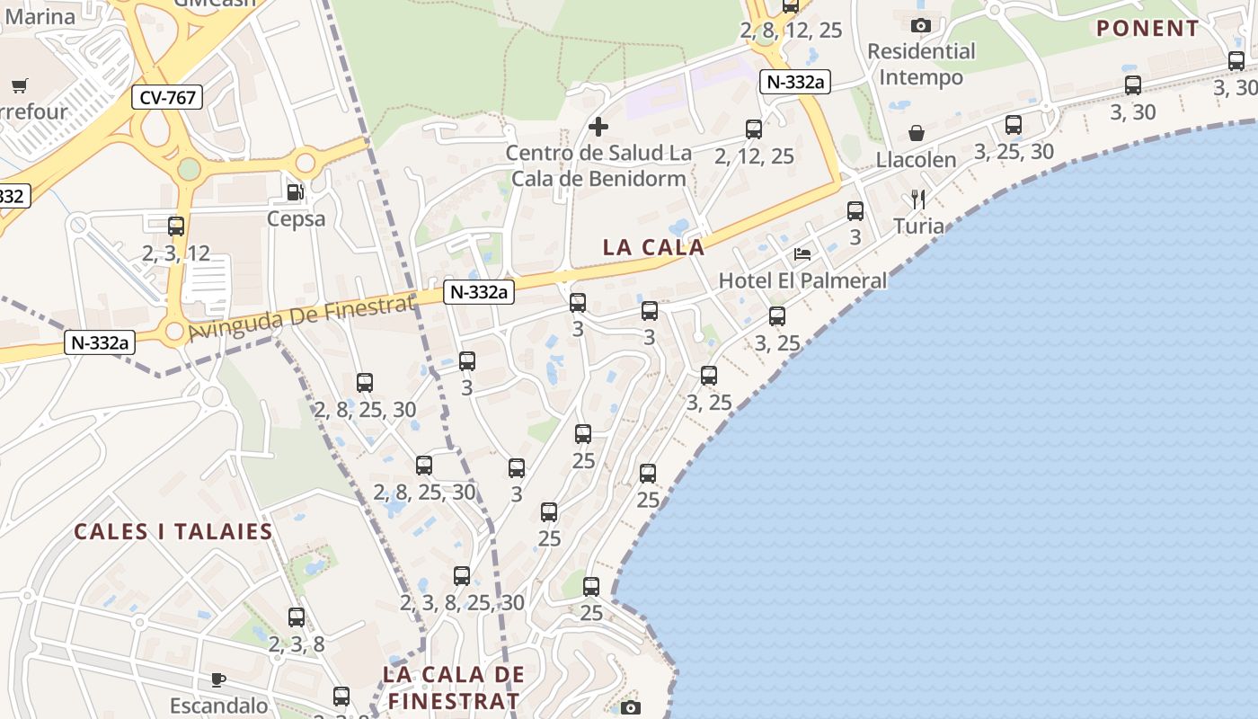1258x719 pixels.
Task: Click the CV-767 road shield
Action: [x=168, y=97]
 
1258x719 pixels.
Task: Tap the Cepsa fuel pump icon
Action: [x=295, y=191]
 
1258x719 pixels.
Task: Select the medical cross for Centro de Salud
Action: [x=598, y=127]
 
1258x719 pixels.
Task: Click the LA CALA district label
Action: [x=653, y=247]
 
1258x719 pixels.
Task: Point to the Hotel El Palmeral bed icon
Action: [x=802, y=254]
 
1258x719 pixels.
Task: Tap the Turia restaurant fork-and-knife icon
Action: [x=917, y=199]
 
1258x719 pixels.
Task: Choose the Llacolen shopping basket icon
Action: [x=917, y=133]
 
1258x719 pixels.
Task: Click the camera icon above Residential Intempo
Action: [x=920, y=25]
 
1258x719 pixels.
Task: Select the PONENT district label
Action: [x=1147, y=28]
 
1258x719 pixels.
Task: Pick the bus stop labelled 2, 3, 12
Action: [x=176, y=226]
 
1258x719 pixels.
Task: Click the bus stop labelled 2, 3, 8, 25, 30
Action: [x=462, y=576]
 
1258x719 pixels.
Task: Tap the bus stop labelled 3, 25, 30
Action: [x=1014, y=125]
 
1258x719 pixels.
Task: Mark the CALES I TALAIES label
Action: [x=173, y=531]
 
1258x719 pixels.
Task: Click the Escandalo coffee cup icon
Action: [x=218, y=679]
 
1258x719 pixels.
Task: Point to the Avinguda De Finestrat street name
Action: [x=301, y=319]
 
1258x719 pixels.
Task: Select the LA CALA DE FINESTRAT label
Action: [x=453, y=688]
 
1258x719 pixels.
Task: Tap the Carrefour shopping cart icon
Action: [x=19, y=86]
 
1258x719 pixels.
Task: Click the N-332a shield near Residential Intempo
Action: [x=794, y=82]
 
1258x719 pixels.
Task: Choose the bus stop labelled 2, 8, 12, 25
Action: [x=791, y=5]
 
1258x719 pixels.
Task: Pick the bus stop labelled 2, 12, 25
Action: [x=754, y=129]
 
